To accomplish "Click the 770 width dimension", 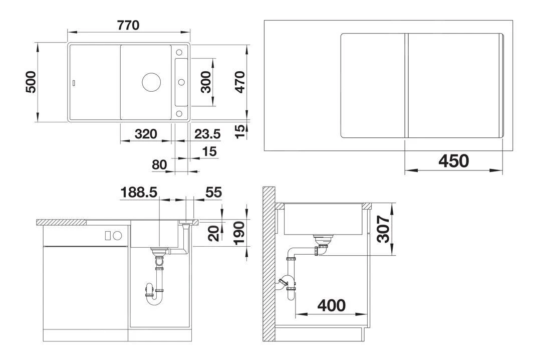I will coord(129,25).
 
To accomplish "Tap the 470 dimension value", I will coord(240,82).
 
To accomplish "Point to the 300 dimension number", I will coord(206,82).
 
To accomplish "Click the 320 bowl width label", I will coord(146,134).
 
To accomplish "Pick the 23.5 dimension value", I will coord(207,134).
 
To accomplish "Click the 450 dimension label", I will coord(453,161).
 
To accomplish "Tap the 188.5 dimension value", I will coord(139,192).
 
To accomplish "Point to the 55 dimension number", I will coord(213,192).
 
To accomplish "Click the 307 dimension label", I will coord(383,229).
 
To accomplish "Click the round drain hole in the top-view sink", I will coord(149,82).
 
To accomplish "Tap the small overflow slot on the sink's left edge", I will coord(74,82).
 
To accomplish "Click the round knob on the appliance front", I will coord(118,235).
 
